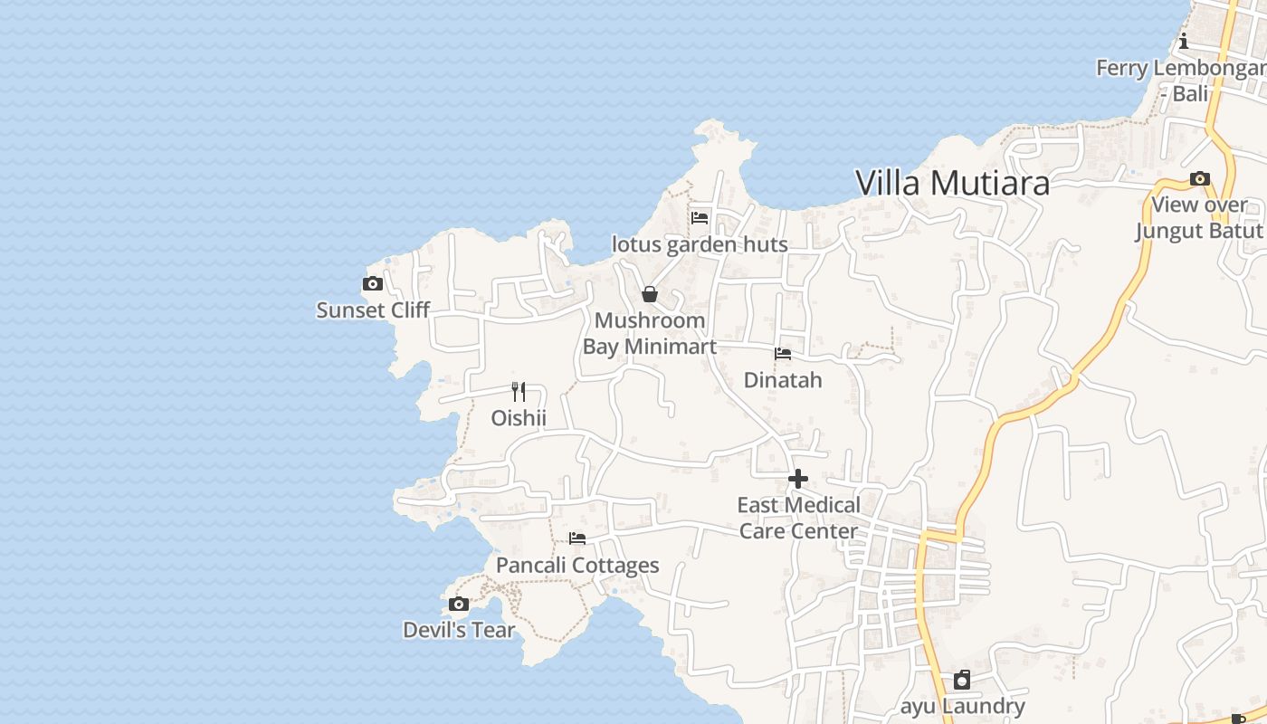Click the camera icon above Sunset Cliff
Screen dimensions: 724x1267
(372, 284)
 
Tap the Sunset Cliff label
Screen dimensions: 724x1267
(373, 310)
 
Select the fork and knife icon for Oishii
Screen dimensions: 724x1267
(519, 391)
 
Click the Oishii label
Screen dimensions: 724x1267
(519, 418)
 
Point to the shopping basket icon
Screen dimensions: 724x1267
(650, 294)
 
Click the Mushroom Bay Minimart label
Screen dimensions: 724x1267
(650, 333)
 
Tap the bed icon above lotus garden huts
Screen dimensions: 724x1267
(700, 218)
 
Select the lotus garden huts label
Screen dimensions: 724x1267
(700, 244)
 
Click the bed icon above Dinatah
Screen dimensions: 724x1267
(783, 354)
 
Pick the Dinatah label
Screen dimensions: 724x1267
(783, 380)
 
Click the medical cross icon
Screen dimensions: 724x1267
(798, 479)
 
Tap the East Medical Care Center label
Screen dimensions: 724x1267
(798, 518)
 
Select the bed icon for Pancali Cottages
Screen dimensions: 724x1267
(577, 539)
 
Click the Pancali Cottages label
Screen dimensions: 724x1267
(577, 566)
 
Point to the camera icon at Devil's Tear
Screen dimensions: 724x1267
(459, 605)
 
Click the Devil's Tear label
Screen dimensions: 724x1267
(459, 630)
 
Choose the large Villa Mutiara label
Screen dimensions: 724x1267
(952, 183)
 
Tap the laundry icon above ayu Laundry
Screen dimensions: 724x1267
(962, 680)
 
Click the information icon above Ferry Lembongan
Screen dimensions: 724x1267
(1184, 42)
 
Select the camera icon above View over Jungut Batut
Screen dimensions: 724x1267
(1200, 179)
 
